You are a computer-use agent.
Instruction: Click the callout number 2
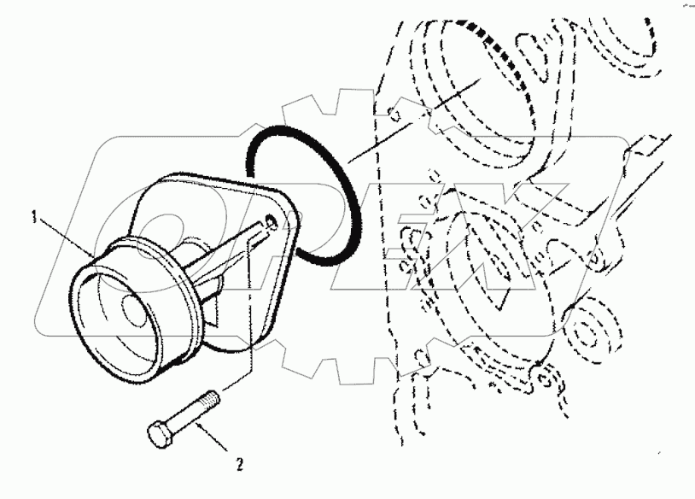point(241,465)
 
